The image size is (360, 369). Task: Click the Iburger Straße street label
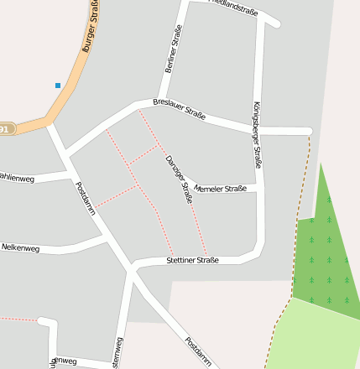pos(92,29)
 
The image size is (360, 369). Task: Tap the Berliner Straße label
pos(174,49)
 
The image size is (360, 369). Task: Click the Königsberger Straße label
pos(258,134)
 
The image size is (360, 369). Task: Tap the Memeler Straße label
pos(220,189)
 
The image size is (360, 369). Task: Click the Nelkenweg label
pos(21,247)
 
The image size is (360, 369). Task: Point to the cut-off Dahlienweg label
pos(17,178)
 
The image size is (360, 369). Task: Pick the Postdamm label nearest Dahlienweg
pos(86,199)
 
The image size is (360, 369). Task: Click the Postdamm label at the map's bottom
pos(199,352)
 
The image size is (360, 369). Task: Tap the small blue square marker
pos(58,85)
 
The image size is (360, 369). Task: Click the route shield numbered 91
pos(6,129)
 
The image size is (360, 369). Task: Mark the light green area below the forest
pos(319,335)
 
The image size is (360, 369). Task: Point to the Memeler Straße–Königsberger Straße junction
pos(258,187)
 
